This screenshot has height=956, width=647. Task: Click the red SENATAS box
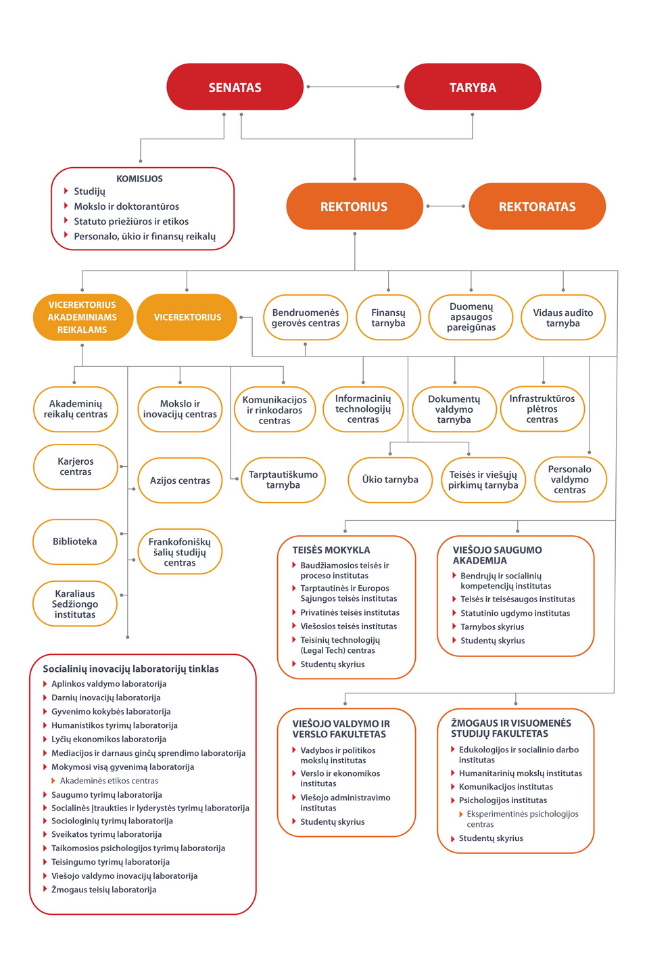pos(235,87)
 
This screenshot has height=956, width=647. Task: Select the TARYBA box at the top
pos(473,87)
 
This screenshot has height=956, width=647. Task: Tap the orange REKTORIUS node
pos(354,206)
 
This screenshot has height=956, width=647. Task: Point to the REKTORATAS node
pos(537,206)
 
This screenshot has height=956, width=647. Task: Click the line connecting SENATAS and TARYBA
pos(353,87)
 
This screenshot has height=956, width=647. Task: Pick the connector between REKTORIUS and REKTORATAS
pos(446,206)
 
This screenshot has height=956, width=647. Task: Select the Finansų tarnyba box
pos(388,317)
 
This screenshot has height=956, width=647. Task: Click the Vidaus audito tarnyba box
pos(563,317)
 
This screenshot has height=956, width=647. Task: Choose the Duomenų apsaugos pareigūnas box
pos(471,317)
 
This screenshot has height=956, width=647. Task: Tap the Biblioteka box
pos(74,541)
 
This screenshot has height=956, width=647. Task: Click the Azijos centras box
pos(180,480)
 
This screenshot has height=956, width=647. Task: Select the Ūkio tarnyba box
pos(390,480)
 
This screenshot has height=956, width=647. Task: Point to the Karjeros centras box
pos(76,466)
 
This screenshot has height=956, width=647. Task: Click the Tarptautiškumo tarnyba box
pos(283,480)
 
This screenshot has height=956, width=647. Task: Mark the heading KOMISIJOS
pos(139,179)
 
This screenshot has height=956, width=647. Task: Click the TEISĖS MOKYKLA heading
pos(331,550)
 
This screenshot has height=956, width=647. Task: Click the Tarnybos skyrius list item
pos(488,627)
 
